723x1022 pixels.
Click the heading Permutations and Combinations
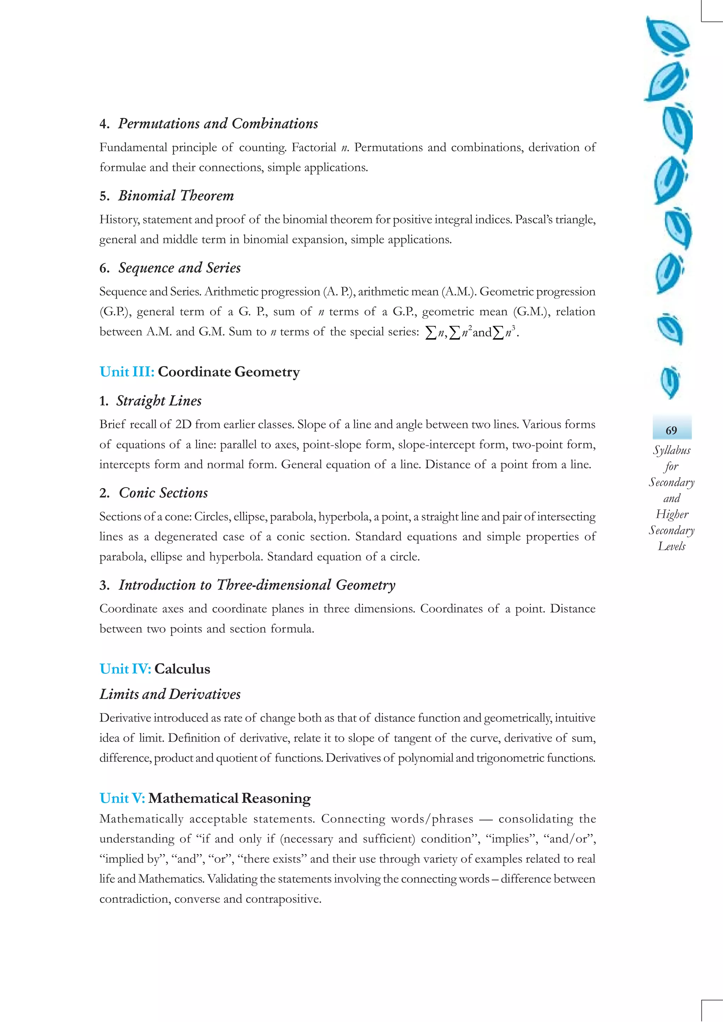217,123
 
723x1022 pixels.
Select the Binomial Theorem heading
175,195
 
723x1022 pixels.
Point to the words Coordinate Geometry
228,372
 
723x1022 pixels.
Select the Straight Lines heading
159,401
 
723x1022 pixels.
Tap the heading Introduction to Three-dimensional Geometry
257,585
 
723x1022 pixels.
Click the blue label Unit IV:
125,669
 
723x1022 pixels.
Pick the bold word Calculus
182,669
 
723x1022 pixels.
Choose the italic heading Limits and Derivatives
170,694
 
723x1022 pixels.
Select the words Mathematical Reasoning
229,798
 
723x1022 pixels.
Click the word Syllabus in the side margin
671,450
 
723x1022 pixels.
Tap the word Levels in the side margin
671,546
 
